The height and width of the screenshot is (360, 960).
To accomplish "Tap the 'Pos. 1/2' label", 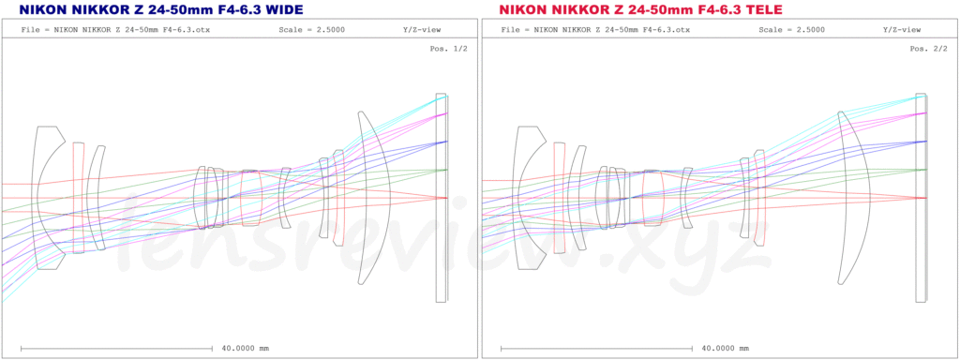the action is point(449,49).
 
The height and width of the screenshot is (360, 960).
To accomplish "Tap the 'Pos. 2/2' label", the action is point(929,49).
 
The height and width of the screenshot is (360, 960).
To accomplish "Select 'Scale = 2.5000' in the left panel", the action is point(309,29).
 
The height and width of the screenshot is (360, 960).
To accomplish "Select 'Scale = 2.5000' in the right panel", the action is point(789,29).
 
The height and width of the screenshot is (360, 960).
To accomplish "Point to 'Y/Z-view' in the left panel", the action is point(421,29).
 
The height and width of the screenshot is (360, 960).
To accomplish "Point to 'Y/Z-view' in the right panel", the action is point(901,29).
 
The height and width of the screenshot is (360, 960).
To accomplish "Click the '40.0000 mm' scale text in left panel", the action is point(245,349).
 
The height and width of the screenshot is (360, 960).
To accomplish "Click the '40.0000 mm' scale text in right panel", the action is point(725,349).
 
